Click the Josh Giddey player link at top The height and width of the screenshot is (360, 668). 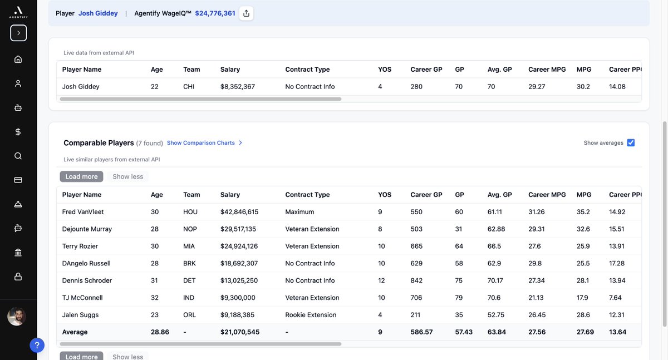(98, 13)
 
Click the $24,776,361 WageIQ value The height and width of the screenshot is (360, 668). (215, 13)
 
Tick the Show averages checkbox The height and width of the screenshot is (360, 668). (631, 143)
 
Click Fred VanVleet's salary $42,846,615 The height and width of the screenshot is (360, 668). (239, 212)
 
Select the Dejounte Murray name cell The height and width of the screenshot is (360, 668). (87, 229)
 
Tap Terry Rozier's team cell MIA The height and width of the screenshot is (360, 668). (190, 246)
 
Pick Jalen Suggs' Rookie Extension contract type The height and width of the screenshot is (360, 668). (311, 315)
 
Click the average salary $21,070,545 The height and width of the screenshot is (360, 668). (240, 332)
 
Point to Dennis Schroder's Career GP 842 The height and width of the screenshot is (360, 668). (416, 280)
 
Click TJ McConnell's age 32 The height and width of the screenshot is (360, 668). (155, 298)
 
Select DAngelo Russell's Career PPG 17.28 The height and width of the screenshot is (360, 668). (617, 263)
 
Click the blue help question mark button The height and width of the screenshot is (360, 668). (37, 346)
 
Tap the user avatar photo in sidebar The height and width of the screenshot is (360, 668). (17, 317)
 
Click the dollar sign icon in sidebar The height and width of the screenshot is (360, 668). (18, 132)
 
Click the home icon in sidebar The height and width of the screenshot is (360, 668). (18, 59)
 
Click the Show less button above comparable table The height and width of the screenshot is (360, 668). (127, 176)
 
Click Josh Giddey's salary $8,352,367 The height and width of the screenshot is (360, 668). (238, 87)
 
